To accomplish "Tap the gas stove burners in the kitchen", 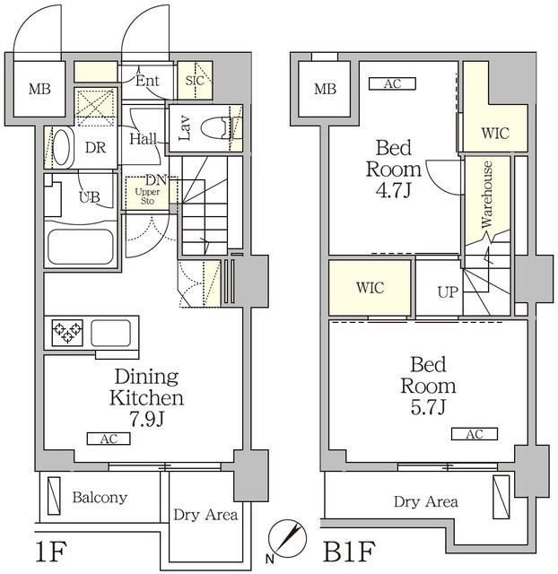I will (65, 334).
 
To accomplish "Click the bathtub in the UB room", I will (80, 243).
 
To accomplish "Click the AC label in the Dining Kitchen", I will (109, 439).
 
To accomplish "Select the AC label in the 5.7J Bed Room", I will (475, 434).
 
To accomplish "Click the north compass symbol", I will (288, 536).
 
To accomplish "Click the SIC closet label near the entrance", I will (194, 80).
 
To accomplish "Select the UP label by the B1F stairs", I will (448, 291).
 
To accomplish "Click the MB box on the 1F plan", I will (38, 88).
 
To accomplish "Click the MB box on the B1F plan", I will (325, 88).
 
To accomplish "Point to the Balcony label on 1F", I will (100, 497).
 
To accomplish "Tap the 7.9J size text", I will (146, 418).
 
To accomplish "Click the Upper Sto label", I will (145, 196).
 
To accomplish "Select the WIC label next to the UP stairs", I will (370, 288).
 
